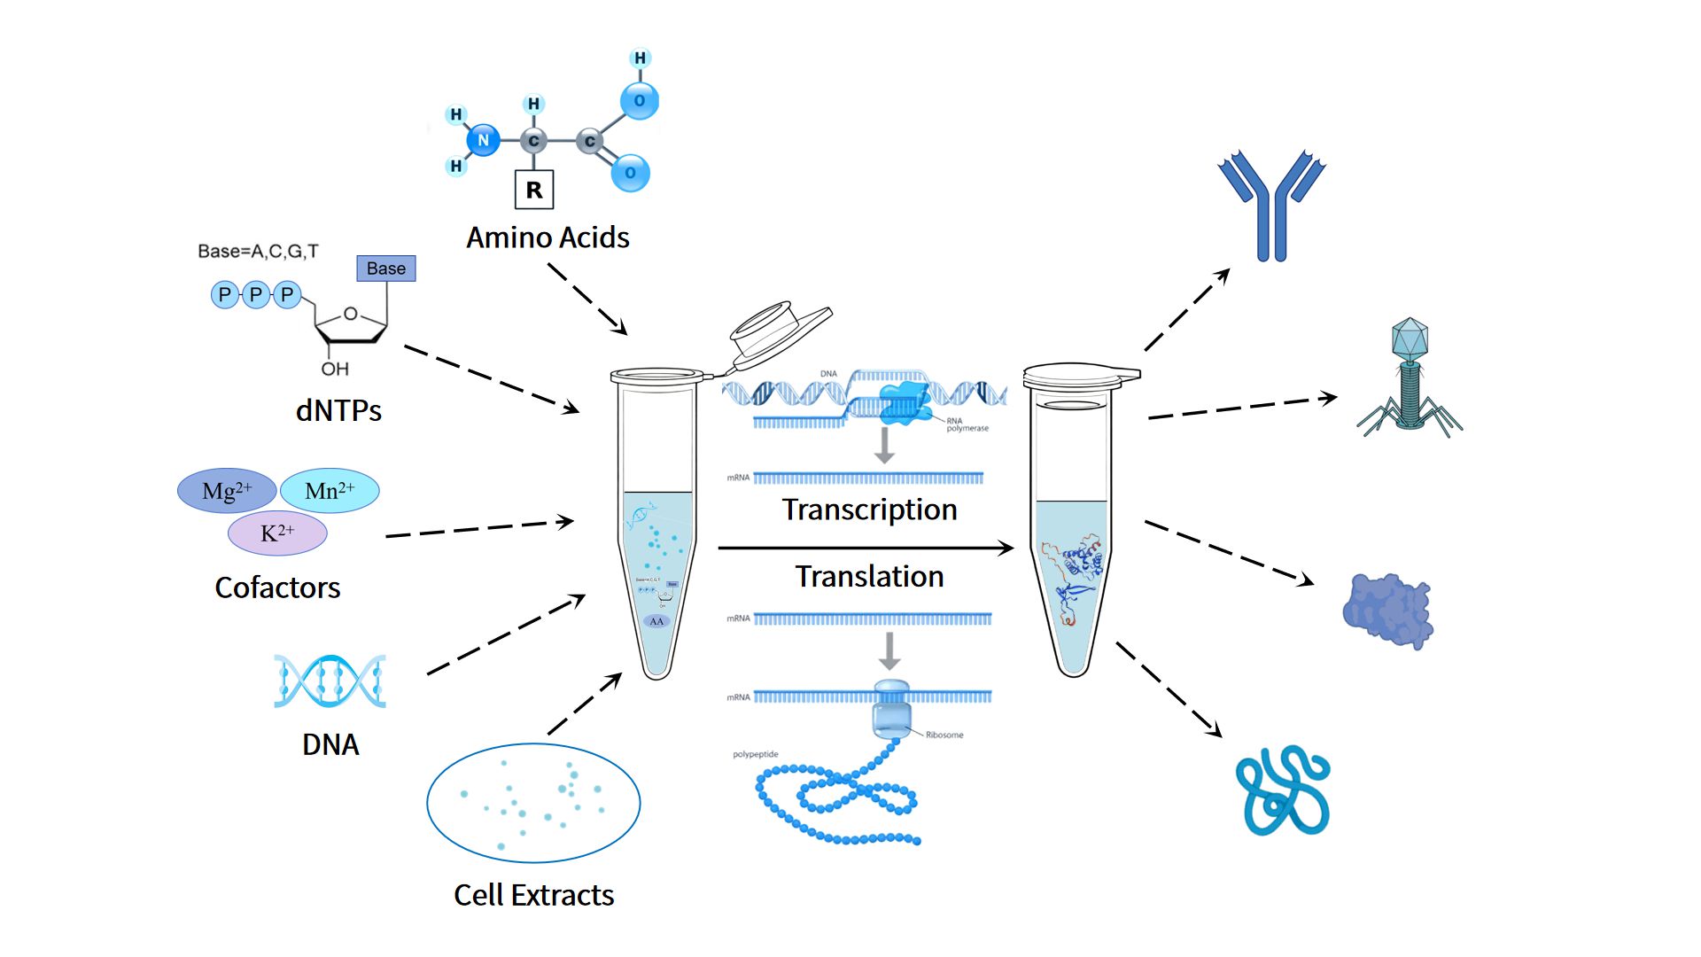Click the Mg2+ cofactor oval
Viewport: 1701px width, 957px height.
(227, 491)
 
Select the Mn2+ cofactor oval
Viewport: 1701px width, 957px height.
(330, 491)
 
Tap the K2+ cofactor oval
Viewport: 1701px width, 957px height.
(277, 533)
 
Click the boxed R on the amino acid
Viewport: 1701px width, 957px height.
(534, 190)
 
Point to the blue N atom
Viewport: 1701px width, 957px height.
(483, 140)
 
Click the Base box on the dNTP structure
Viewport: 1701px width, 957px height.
(386, 268)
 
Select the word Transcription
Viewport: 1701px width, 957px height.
(869, 510)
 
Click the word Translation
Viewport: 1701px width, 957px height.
(869, 577)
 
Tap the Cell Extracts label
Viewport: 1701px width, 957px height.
(533, 895)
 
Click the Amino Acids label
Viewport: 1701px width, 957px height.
(548, 237)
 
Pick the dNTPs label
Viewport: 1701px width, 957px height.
(338, 410)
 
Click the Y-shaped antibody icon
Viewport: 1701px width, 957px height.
(1271, 206)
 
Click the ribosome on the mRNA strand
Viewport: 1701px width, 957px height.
(891, 709)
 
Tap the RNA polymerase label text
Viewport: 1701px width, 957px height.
(967, 424)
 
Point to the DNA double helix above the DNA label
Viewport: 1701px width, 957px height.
(330, 681)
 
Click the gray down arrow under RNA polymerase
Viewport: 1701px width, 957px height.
(884, 446)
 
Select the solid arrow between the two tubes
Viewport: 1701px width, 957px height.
(865, 549)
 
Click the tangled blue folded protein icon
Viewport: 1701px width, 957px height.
(1283, 790)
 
